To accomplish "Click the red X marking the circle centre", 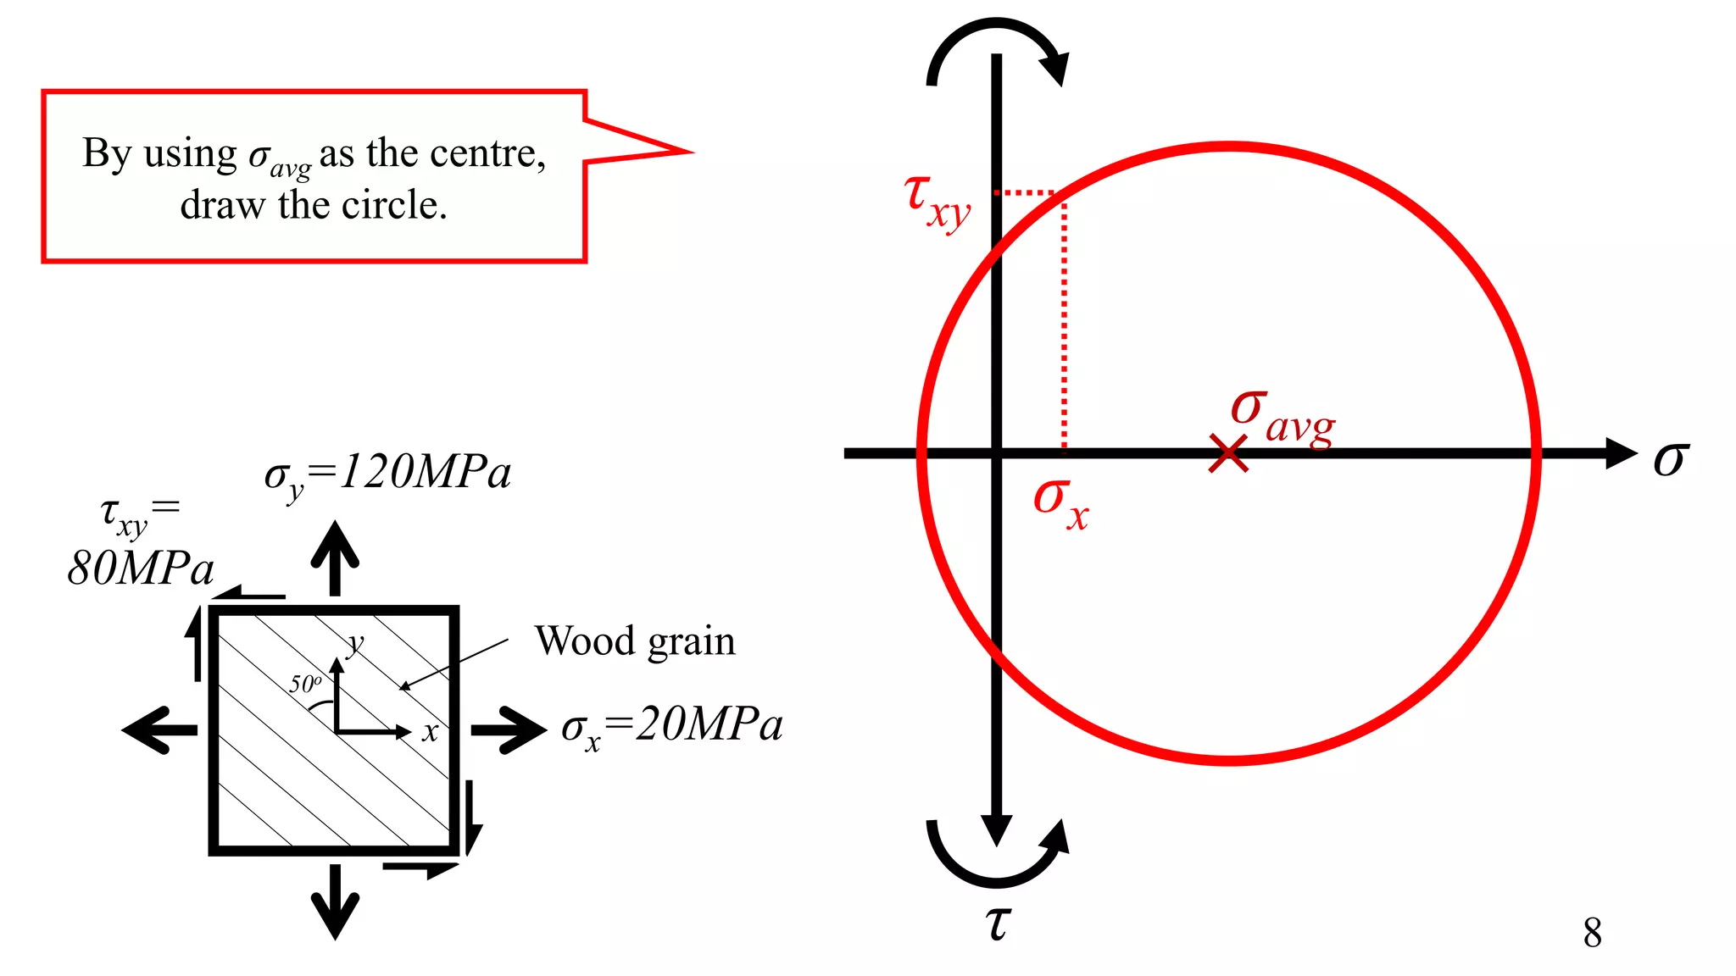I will pos(1228,453).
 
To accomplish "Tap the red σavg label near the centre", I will pos(1283,416).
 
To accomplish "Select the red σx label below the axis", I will pos(1060,502).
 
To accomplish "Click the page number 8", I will pos(1592,933).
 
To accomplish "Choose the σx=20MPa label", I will pos(671,726).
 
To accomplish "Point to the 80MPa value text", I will pos(141,568).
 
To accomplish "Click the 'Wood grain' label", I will pos(635,640).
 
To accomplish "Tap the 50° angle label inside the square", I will pos(305,683).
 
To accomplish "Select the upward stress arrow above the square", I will pos(336,556).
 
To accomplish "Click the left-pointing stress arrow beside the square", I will pos(159,729).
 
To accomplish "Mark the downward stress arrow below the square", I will pos(336,901).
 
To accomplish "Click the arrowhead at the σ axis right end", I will pos(1621,453).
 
